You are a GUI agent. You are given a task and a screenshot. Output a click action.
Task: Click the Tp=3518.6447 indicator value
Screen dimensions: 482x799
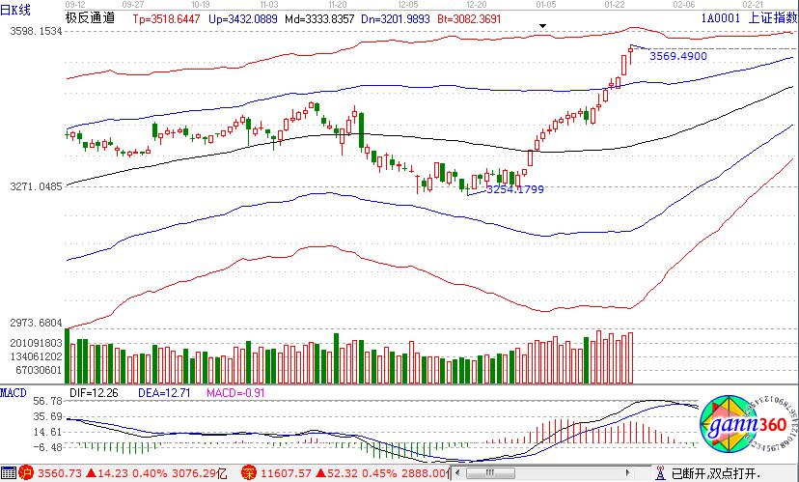[166, 18]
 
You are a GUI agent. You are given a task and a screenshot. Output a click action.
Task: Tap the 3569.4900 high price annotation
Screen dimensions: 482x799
[678, 57]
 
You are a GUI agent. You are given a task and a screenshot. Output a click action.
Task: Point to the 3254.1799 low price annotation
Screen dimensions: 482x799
[514, 189]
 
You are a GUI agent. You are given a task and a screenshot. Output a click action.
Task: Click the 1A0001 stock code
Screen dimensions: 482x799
[722, 18]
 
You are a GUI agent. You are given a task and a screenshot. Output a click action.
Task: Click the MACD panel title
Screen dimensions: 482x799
[14, 392]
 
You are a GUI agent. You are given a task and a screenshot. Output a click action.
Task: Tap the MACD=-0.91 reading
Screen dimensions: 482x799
[235, 393]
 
